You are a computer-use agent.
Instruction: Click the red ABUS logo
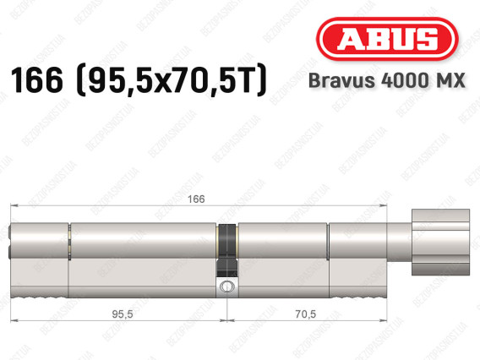[x=387, y=39]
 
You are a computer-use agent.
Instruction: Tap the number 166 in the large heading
[x=36, y=80]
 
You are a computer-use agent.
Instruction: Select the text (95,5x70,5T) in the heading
[x=172, y=80]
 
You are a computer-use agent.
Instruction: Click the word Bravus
[x=341, y=81]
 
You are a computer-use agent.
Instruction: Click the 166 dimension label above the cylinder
[x=196, y=199]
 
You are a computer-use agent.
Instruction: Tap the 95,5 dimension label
[x=123, y=314]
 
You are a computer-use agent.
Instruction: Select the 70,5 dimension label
[x=306, y=314]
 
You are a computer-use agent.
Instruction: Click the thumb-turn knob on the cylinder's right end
[x=440, y=243]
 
